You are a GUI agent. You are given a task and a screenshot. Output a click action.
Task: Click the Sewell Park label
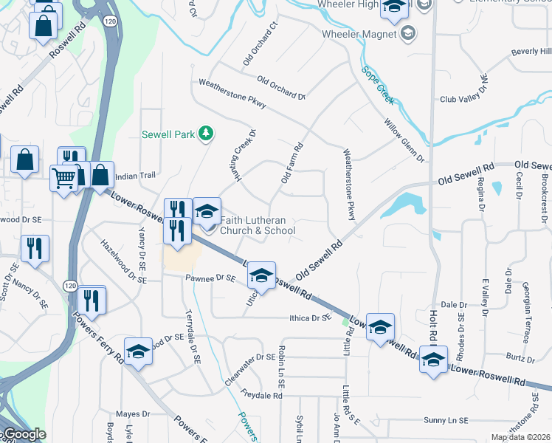coord(168,134)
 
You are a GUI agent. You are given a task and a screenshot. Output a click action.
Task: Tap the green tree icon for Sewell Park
coord(207,133)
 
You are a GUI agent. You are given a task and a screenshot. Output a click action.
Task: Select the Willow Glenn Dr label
coord(404,141)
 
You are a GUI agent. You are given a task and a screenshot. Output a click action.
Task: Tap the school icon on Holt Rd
coord(433,360)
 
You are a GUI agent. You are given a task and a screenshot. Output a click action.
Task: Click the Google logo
coord(24,434)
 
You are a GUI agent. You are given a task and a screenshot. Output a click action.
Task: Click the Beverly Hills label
coord(531,52)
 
